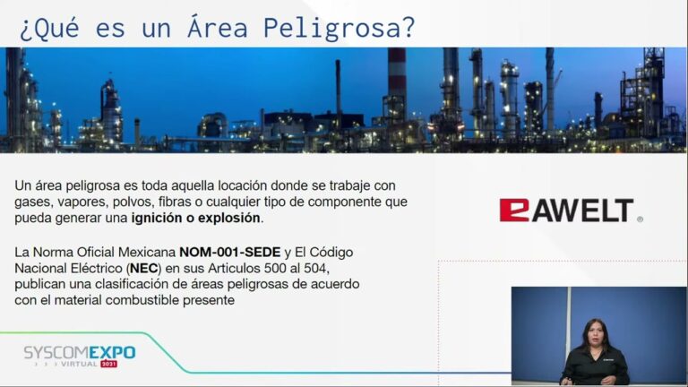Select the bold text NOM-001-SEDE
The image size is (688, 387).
[x=230, y=253]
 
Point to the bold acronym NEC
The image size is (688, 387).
[x=144, y=269]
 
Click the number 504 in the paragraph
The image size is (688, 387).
[x=315, y=268]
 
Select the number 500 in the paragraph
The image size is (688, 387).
[x=275, y=268]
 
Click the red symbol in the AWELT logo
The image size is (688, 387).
[x=514, y=211]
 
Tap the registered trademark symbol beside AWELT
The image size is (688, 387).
[x=640, y=219]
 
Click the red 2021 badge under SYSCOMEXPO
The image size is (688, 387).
[x=108, y=364]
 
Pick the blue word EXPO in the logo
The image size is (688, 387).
[x=112, y=352]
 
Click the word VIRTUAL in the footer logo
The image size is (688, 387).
[x=79, y=364]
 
